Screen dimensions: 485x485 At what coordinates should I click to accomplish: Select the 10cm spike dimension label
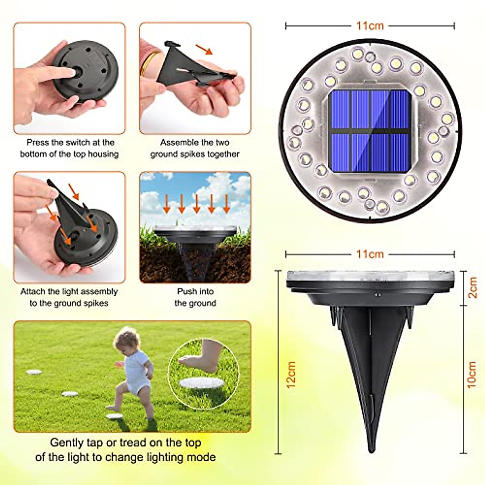(471, 374)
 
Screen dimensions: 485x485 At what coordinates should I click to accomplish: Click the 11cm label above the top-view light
(370, 26)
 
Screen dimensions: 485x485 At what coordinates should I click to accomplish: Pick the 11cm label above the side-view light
(370, 254)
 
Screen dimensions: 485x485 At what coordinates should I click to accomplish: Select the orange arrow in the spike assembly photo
(204, 51)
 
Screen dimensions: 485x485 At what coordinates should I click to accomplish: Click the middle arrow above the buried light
(196, 204)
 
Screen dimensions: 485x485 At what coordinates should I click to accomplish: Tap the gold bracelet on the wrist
(149, 61)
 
